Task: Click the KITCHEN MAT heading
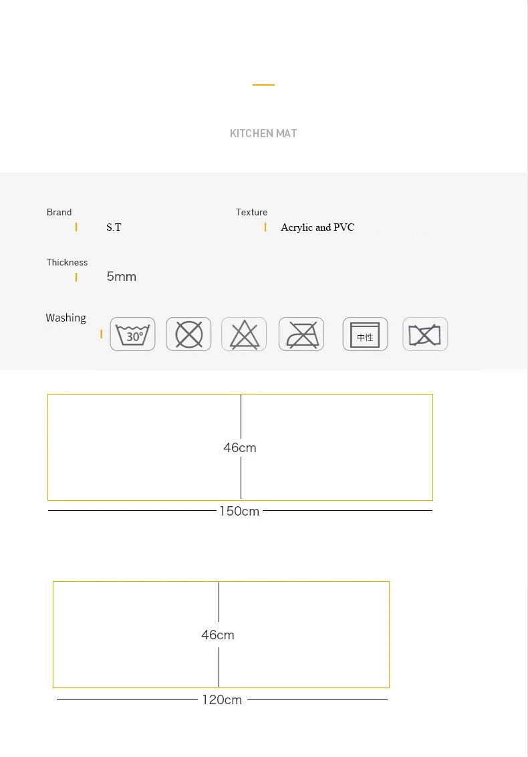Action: [263, 133]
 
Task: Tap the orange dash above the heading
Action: [263, 84]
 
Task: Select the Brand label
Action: [59, 212]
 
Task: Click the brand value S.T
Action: [114, 227]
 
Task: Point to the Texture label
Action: [251, 212]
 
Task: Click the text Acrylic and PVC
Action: [317, 227]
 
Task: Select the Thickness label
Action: [67, 262]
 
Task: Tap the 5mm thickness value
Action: [121, 277]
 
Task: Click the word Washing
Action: [66, 318]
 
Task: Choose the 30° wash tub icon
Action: [133, 334]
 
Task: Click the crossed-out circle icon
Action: [188, 334]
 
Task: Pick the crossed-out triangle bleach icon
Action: [244, 334]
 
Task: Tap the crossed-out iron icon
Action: [301, 334]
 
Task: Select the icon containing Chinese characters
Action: [366, 334]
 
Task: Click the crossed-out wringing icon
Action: [425, 334]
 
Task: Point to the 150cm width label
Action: [239, 512]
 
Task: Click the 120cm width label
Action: [222, 700]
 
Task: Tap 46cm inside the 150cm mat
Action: [240, 447]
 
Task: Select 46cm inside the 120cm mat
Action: [218, 635]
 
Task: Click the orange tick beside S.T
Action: [76, 227]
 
